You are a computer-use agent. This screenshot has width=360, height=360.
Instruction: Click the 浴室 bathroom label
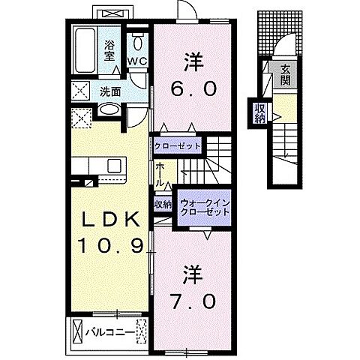[x=109, y=49]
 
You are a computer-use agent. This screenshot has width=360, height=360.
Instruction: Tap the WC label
[x=136, y=61]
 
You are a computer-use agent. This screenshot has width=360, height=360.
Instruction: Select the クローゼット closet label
[x=178, y=145]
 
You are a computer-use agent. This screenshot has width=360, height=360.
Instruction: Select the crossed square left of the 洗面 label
[x=80, y=92]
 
